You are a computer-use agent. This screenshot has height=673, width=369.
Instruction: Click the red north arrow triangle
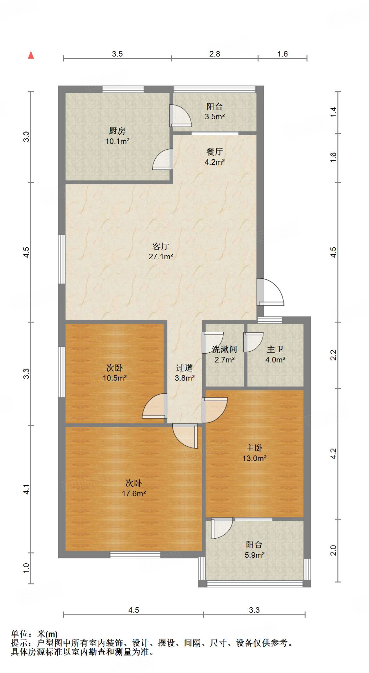pos(31,55)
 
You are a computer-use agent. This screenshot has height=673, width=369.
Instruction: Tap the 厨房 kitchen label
pos(117,131)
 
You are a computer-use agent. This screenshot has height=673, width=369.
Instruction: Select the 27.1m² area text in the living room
pos(161,257)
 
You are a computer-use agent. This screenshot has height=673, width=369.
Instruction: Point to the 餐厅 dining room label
pos(214,151)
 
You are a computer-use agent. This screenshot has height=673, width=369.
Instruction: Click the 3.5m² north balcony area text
pos(215,117)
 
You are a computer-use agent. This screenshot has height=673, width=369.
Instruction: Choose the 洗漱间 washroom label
pos(224,349)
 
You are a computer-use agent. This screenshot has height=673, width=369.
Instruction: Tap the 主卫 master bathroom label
pos(275,349)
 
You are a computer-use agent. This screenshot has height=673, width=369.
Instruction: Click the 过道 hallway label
pos(184,368)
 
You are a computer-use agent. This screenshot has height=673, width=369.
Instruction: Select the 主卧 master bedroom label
pos(254,448)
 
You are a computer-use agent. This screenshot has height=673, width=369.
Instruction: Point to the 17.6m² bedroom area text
pos(134,494)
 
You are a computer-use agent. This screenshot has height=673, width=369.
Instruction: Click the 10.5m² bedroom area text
pos(115,378)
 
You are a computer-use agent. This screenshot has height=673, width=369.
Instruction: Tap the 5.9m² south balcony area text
pos(255,555)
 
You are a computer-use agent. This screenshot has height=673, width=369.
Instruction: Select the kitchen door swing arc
pos(162,159)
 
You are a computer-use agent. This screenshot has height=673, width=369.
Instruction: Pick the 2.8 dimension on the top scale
pos(215,54)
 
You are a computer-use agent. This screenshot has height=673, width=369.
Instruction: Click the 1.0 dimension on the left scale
pos(26,568)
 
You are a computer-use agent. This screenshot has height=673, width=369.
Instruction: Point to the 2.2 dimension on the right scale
pos(333,355)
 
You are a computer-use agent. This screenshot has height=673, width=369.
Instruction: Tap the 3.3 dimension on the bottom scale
pos(254,610)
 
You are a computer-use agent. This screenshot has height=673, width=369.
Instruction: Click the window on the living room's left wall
pos(61,259)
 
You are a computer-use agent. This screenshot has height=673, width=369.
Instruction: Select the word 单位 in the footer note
pos(19,634)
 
